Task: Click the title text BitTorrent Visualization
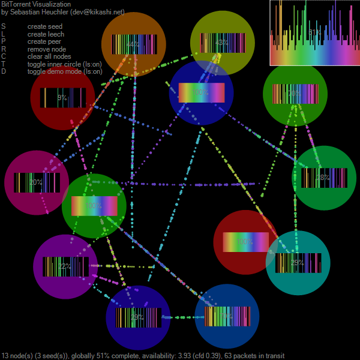click(36, 4)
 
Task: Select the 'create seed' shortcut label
click(44, 26)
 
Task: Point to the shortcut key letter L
click(3, 34)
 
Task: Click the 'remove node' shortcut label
click(47, 49)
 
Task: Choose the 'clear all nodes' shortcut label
click(49, 56)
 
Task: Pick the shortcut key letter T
click(4, 64)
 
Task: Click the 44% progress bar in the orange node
click(134, 44)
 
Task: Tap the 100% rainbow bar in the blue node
click(202, 93)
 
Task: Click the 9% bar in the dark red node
click(63, 97)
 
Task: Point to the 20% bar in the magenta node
click(37, 182)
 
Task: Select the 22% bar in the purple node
click(65, 266)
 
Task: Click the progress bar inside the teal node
click(298, 263)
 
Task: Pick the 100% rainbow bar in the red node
click(245, 242)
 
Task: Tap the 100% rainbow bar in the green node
click(94, 206)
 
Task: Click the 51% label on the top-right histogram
click(314, 32)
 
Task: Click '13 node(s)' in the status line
click(19, 356)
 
